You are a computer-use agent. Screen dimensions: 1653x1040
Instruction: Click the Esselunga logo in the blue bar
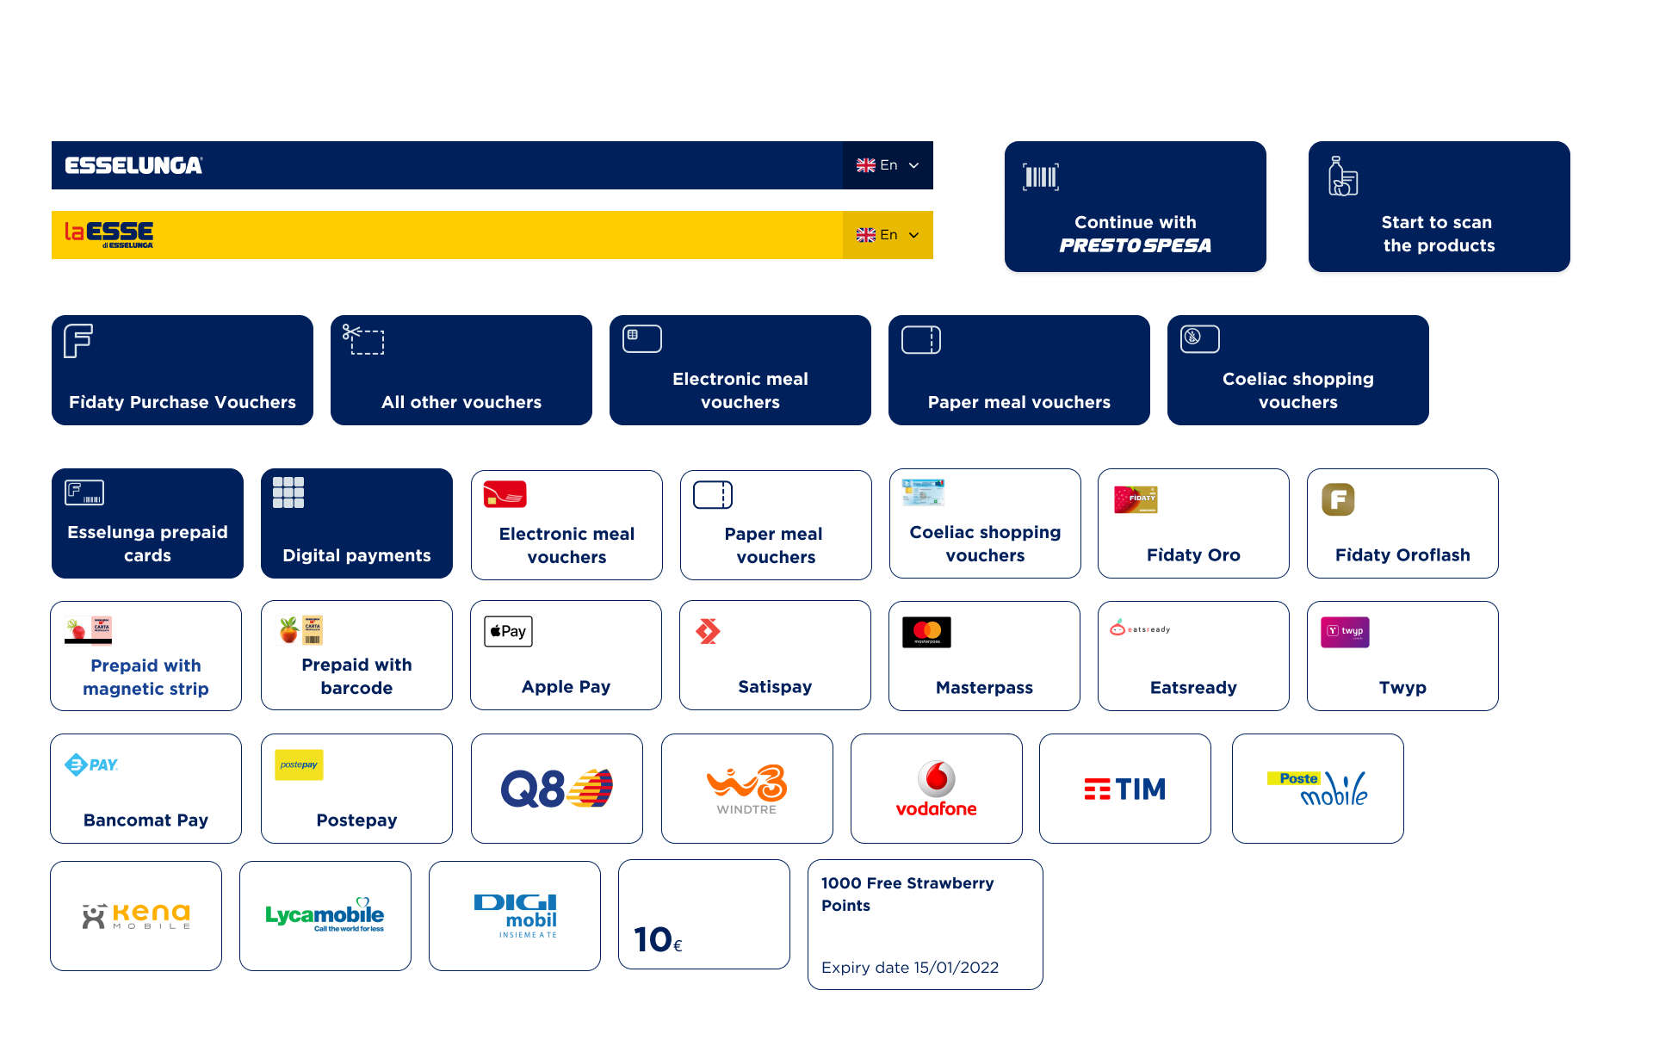point(133,165)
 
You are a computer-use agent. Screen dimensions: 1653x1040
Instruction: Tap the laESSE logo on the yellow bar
point(109,234)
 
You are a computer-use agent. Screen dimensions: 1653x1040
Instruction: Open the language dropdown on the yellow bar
point(888,235)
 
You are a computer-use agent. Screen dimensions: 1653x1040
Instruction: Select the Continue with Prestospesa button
point(1136,207)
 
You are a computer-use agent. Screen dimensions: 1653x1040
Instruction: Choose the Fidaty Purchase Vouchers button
point(183,370)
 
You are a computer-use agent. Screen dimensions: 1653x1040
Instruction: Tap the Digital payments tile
point(356,523)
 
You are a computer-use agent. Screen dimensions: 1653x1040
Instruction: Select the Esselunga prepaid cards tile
point(147,523)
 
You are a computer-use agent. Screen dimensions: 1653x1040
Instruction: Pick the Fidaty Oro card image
point(1136,499)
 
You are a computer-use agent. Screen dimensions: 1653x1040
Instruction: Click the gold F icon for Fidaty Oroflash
point(1338,499)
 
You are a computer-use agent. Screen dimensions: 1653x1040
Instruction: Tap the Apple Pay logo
point(508,631)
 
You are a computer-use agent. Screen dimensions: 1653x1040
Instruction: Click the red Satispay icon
point(708,631)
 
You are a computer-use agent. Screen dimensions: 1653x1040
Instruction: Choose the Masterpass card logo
point(926,632)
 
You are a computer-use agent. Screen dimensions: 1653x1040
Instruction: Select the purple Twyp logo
point(1345,632)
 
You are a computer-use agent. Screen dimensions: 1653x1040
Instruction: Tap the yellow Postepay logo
point(299,765)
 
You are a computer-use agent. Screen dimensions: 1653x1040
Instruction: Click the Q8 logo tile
point(557,789)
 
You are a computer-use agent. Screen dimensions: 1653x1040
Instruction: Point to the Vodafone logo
point(937,789)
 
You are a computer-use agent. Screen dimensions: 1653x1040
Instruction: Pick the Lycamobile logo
point(325,915)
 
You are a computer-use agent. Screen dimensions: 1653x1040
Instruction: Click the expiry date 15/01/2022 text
point(910,968)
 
